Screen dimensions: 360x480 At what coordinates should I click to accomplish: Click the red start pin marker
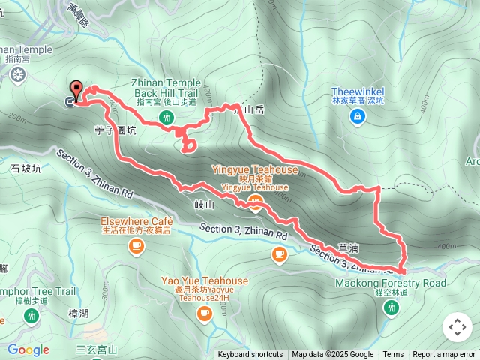click(76, 88)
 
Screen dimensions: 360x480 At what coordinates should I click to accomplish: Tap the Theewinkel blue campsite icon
click(358, 116)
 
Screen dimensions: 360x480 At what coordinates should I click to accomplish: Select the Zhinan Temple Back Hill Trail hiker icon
click(166, 116)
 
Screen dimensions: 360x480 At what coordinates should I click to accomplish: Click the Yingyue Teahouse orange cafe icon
click(256, 203)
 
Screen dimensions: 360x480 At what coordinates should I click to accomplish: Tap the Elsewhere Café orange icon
click(136, 247)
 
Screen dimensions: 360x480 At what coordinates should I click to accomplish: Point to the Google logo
click(28, 349)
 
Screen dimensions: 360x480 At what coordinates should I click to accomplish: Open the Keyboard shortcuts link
click(250, 355)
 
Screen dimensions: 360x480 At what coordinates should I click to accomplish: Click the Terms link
click(393, 355)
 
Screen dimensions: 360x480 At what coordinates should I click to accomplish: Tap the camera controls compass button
click(457, 328)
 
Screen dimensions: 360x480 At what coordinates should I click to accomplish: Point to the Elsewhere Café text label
click(137, 222)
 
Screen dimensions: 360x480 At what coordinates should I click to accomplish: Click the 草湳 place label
click(349, 246)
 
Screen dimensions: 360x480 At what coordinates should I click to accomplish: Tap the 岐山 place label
click(204, 205)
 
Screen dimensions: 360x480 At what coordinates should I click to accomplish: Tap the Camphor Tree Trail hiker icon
click(31, 316)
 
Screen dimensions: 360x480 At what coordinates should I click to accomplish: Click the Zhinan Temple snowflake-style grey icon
click(18, 74)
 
